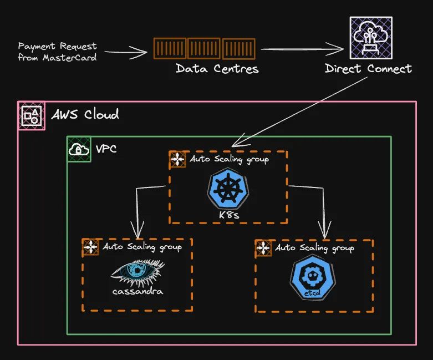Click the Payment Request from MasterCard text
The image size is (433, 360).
point(57,52)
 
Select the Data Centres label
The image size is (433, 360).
point(217,69)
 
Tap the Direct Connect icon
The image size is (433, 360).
point(371,38)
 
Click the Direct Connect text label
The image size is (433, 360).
point(368,69)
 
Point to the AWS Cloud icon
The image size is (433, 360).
point(32,115)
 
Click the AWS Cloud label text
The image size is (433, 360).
point(85,115)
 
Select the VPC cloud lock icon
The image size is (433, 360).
point(79,149)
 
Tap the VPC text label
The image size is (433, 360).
point(106,149)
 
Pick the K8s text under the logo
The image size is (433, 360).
point(228,215)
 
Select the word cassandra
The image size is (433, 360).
point(137,291)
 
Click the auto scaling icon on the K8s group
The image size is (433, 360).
point(177,160)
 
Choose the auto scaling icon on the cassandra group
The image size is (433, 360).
point(90,247)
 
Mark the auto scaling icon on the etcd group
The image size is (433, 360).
point(263,248)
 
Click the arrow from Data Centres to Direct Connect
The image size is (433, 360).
point(302,49)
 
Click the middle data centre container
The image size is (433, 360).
point(204,48)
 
